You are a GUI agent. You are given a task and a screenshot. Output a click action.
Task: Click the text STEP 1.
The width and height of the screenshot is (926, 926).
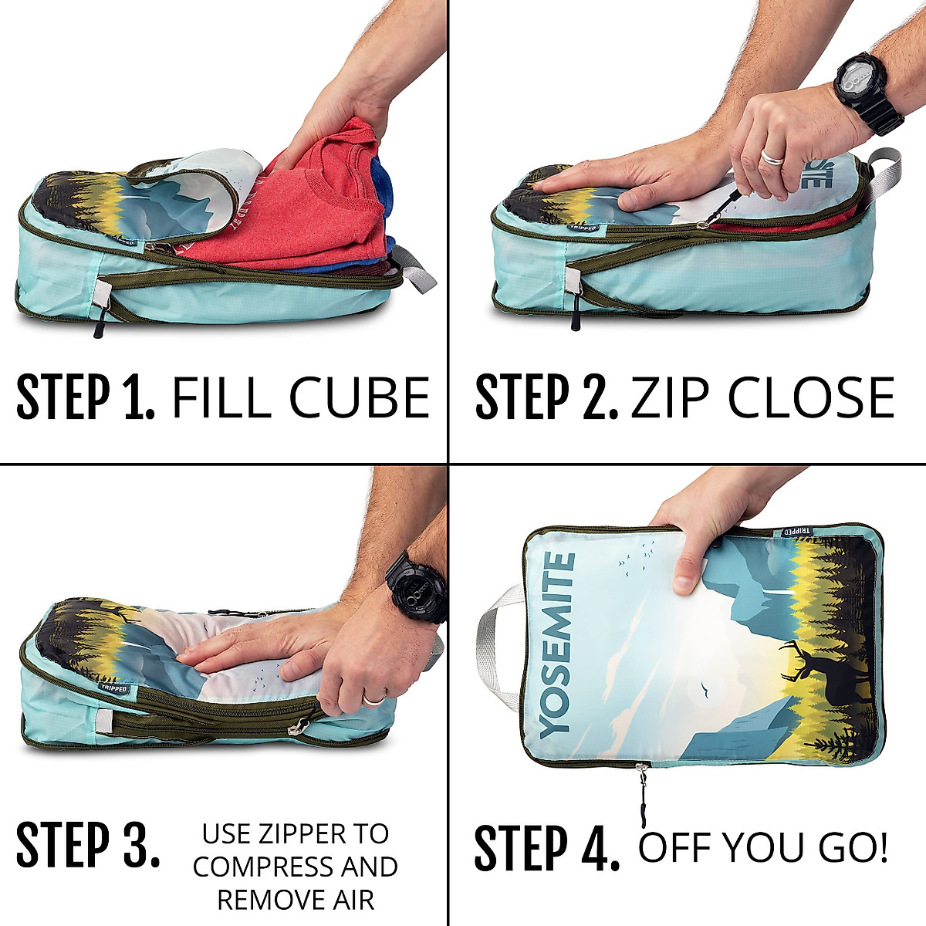tap(85, 397)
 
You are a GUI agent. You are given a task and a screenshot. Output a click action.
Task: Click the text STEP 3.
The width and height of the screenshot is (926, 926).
tap(87, 845)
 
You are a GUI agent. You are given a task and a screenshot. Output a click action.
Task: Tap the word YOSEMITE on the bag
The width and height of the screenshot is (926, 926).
tap(557, 644)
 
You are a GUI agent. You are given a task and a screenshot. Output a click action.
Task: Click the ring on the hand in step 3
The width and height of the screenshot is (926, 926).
tap(374, 699)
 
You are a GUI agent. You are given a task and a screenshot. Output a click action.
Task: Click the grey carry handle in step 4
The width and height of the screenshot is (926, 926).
tap(494, 648)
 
